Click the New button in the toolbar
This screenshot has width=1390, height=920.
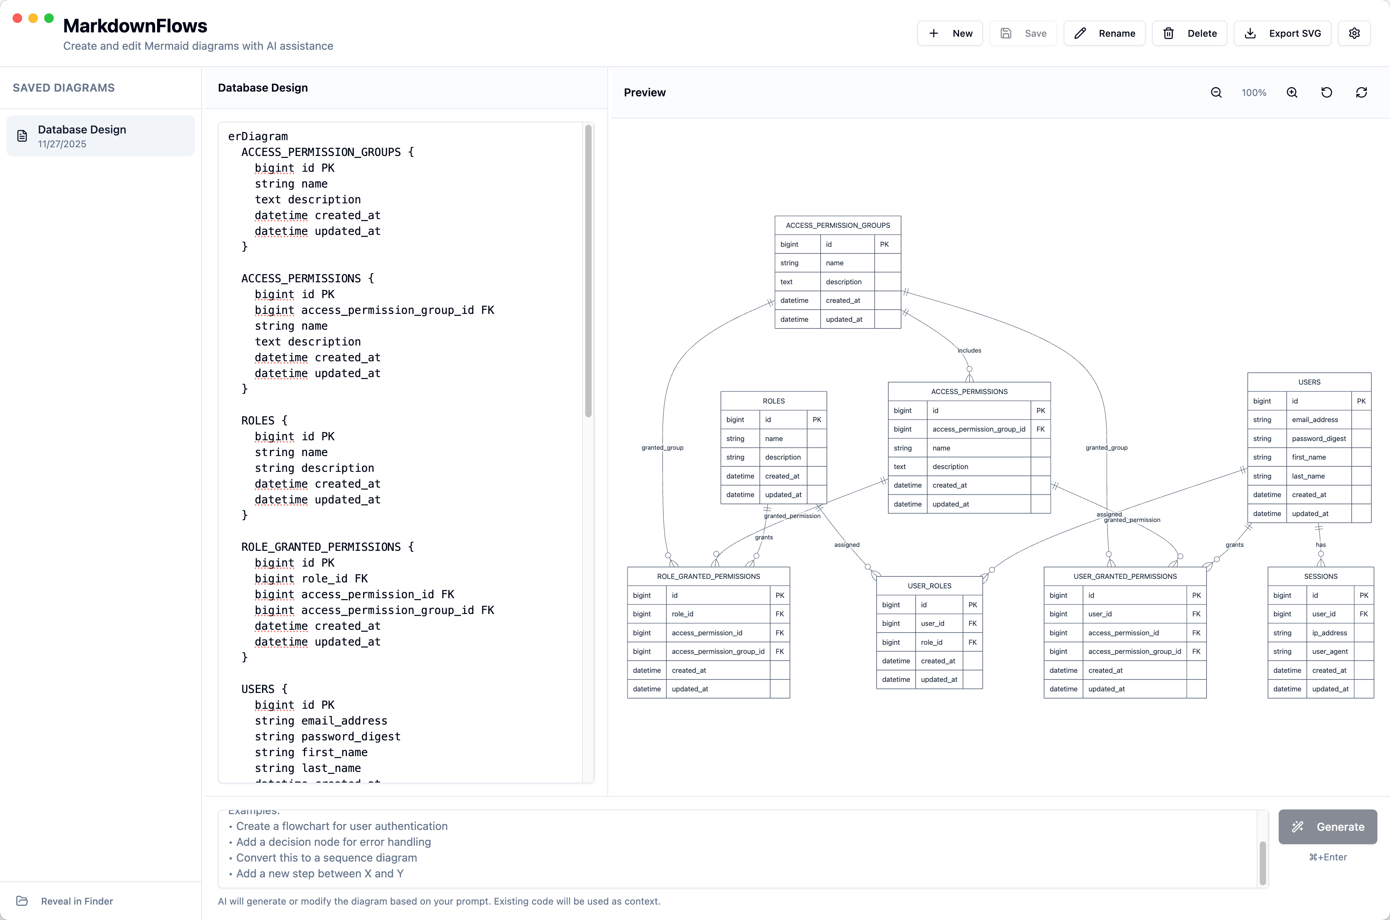950,34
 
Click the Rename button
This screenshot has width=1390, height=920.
1104,34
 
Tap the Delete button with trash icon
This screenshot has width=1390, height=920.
1190,34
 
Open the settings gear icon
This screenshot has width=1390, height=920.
1354,34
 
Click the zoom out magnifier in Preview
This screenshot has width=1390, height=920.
1216,93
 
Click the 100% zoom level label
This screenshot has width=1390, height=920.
1253,93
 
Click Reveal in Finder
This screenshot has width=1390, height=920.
76,901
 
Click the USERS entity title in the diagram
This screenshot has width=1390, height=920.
1309,382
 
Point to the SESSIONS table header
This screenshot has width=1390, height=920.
1320,576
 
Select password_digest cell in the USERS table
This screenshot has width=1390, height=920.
1319,438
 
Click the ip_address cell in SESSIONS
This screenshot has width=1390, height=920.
1329,633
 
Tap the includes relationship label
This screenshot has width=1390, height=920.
969,350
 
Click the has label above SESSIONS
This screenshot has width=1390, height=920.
1320,544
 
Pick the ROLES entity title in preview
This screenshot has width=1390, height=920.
773,401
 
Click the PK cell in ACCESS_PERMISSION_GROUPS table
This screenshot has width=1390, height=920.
884,244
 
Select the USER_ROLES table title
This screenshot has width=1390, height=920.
929,586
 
